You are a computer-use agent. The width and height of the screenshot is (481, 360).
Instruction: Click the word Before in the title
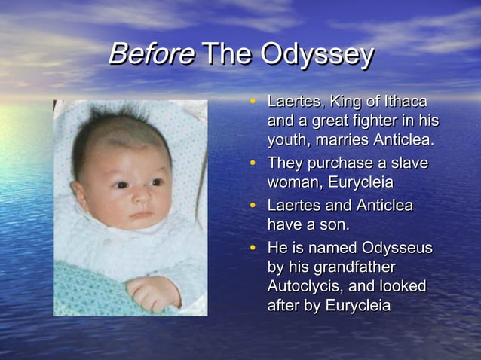151,55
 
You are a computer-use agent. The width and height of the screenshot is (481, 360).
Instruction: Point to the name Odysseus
397,248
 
